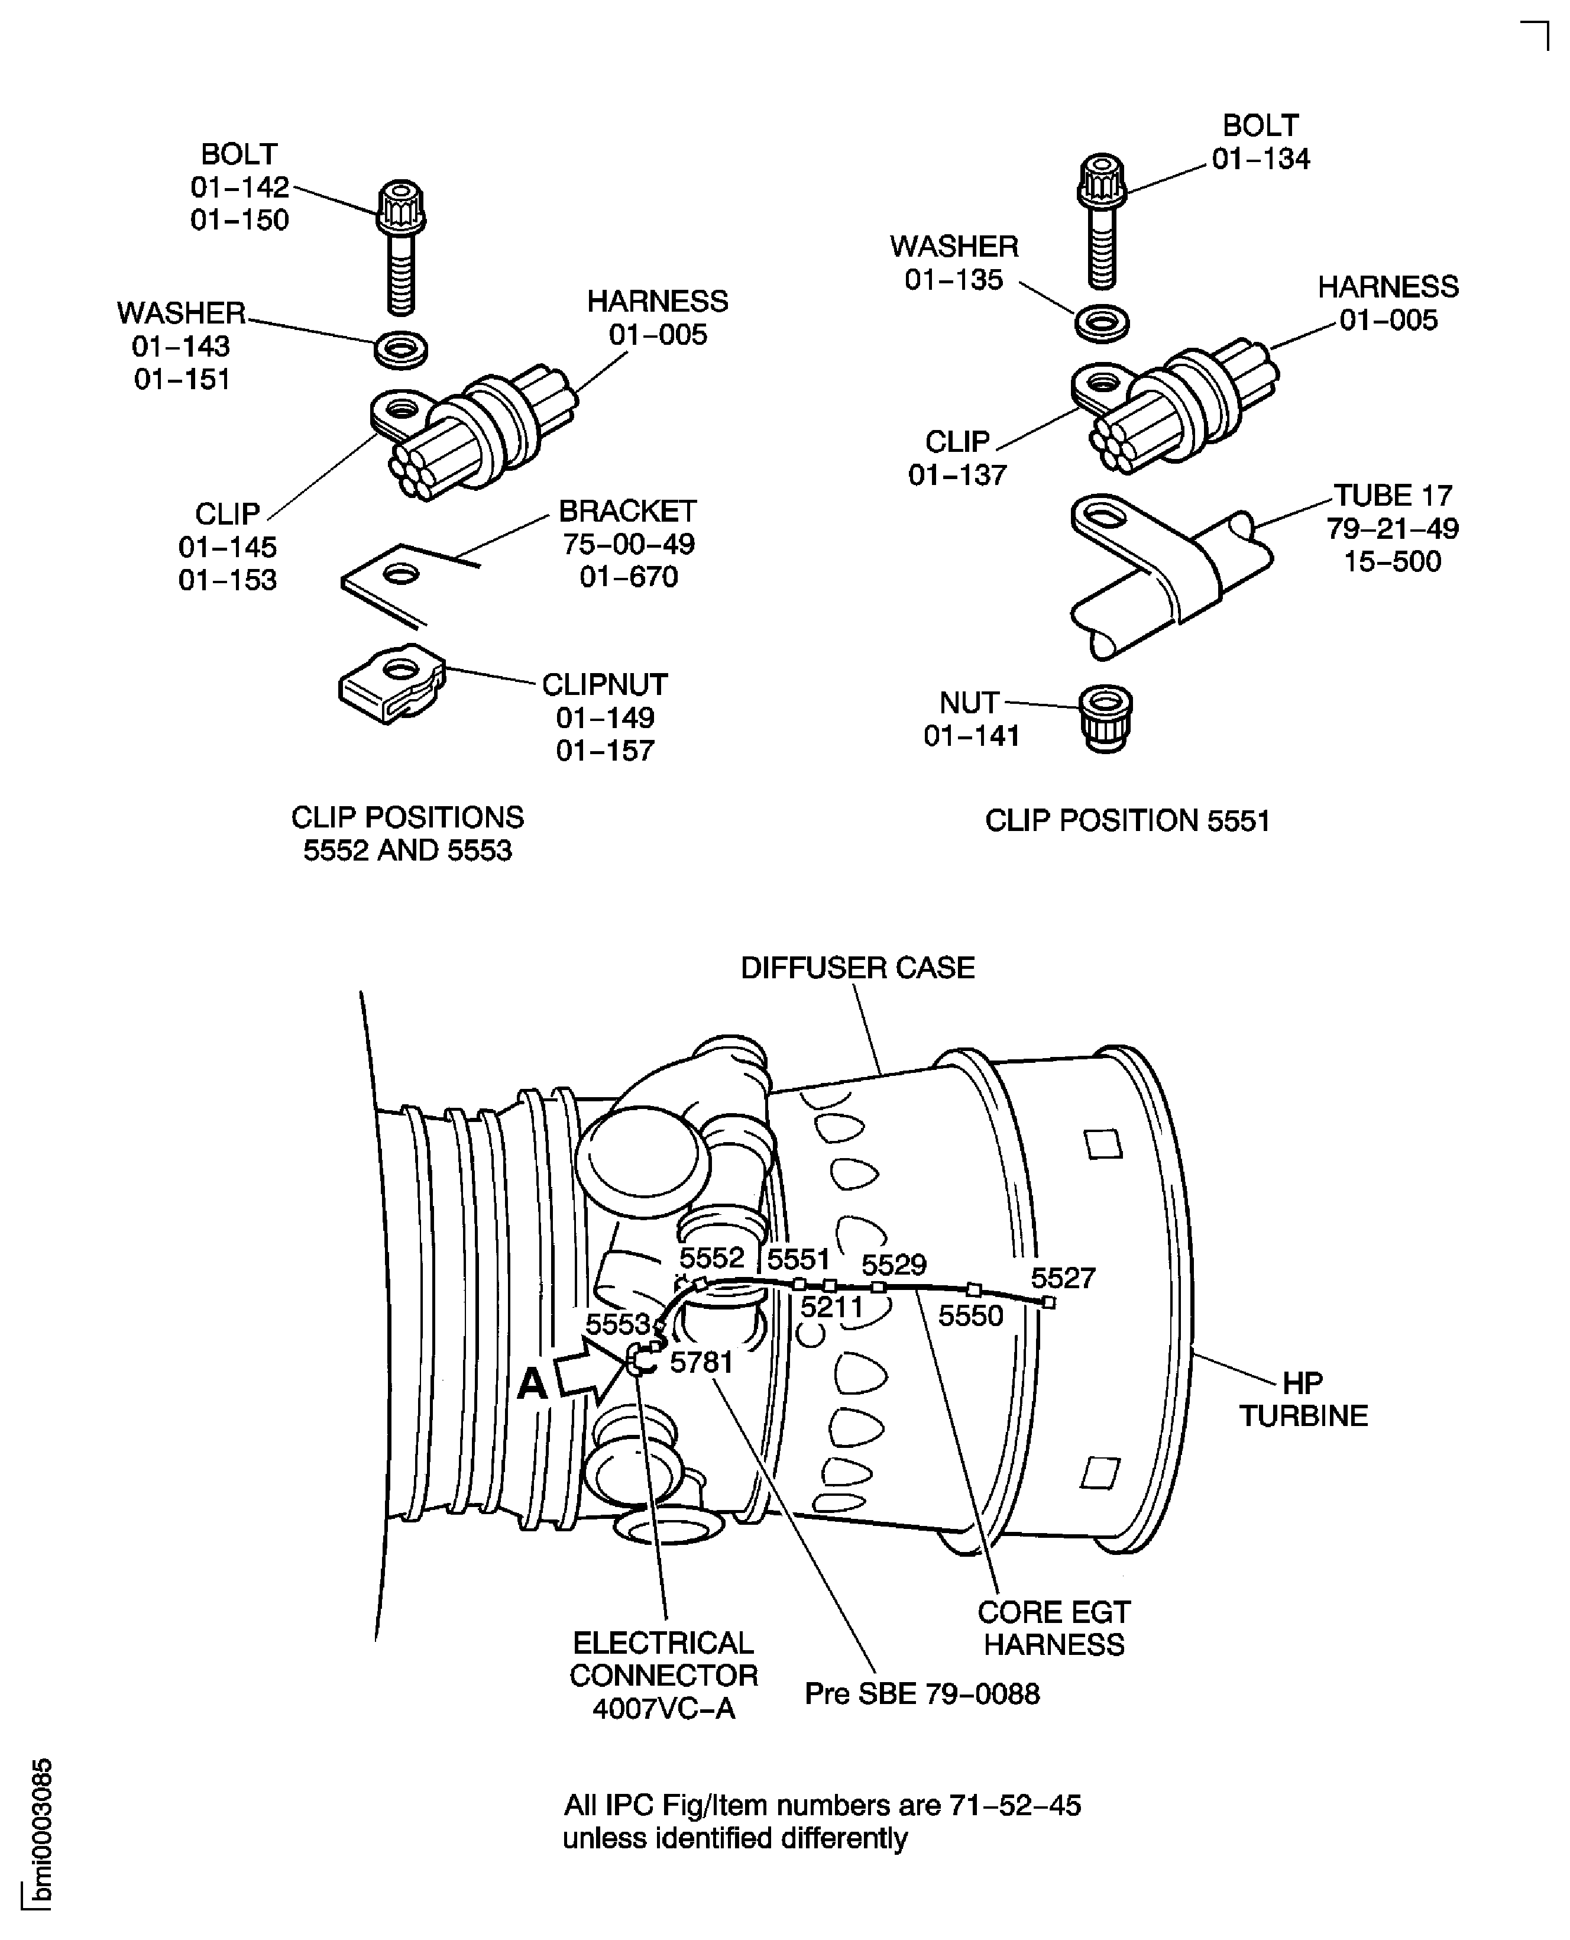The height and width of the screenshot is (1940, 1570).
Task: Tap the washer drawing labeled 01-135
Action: pyautogui.click(x=1102, y=324)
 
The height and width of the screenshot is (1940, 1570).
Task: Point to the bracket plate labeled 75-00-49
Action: pyautogui.click(x=398, y=579)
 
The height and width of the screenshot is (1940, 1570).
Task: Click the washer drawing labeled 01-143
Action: pyautogui.click(x=401, y=349)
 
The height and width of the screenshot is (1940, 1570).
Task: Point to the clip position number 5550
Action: pyautogui.click(x=970, y=1316)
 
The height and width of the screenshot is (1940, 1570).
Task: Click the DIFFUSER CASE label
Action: pyautogui.click(x=857, y=968)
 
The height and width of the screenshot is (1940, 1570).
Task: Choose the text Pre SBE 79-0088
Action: pyautogui.click(x=921, y=1693)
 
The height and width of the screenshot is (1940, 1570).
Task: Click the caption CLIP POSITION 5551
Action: pyautogui.click(x=1127, y=820)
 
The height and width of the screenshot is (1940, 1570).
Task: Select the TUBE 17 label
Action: pyautogui.click(x=1393, y=496)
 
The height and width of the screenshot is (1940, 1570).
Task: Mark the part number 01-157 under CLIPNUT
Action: pyautogui.click(x=605, y=750)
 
